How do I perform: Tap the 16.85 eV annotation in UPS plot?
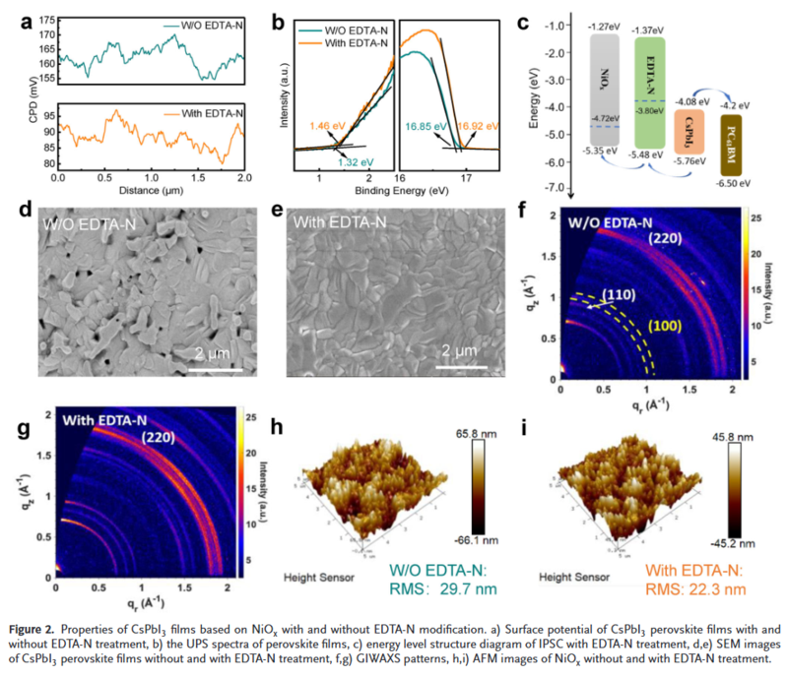point(425,127)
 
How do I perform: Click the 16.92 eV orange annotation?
point(481,127)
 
